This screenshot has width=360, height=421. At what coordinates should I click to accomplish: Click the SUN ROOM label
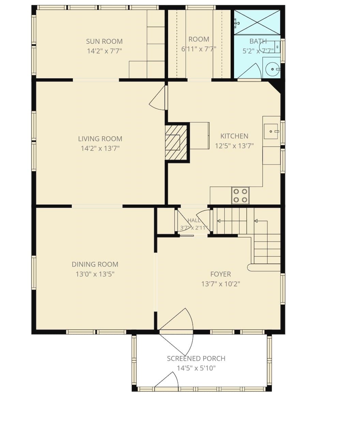tap(104, 41)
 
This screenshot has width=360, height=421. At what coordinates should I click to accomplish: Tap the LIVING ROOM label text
tap(100, 139)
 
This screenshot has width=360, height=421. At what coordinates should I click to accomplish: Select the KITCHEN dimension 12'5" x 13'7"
tap(235, 146)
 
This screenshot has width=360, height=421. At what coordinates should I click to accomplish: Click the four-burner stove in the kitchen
tap(240, 195)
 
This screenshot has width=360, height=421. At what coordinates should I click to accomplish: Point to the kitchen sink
tap(271, 131)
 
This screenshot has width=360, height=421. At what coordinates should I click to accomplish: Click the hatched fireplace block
tap(176, 143)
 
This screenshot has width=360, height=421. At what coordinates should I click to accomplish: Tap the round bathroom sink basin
tap(273, 69)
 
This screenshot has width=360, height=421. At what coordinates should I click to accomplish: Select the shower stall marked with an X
tap(257, 22)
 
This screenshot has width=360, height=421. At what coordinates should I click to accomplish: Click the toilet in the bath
tap(270, 47)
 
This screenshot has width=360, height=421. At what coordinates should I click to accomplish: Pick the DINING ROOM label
tap(95, 264)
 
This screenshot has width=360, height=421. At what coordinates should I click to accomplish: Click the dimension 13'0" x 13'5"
tap(95, 274)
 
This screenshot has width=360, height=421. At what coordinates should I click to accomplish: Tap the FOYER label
tap(221, 274)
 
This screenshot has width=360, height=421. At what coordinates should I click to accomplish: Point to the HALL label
tap(194, 220)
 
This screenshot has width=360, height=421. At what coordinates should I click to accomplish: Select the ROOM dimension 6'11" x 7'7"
tap(199, 49)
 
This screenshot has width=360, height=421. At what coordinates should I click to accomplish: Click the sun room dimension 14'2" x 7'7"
tap(104, 51)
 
